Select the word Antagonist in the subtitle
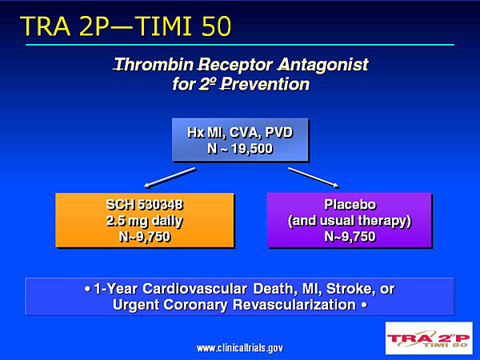[323, 66]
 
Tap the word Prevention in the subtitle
[265, 84]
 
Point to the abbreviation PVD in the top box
[278, 133]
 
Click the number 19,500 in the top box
[252, 149]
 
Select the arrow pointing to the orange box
[170, 178]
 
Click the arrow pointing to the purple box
[314, 178]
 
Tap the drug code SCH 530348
[145, 205]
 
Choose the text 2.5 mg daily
[145, 221]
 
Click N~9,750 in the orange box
[145, 237]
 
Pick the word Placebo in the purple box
[350, 205]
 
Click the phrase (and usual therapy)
[350, 221]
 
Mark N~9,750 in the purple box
[350, 237]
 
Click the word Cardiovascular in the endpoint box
[194, 289]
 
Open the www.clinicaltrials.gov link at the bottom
[240, 348]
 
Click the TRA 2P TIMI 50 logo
[429, 338]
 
